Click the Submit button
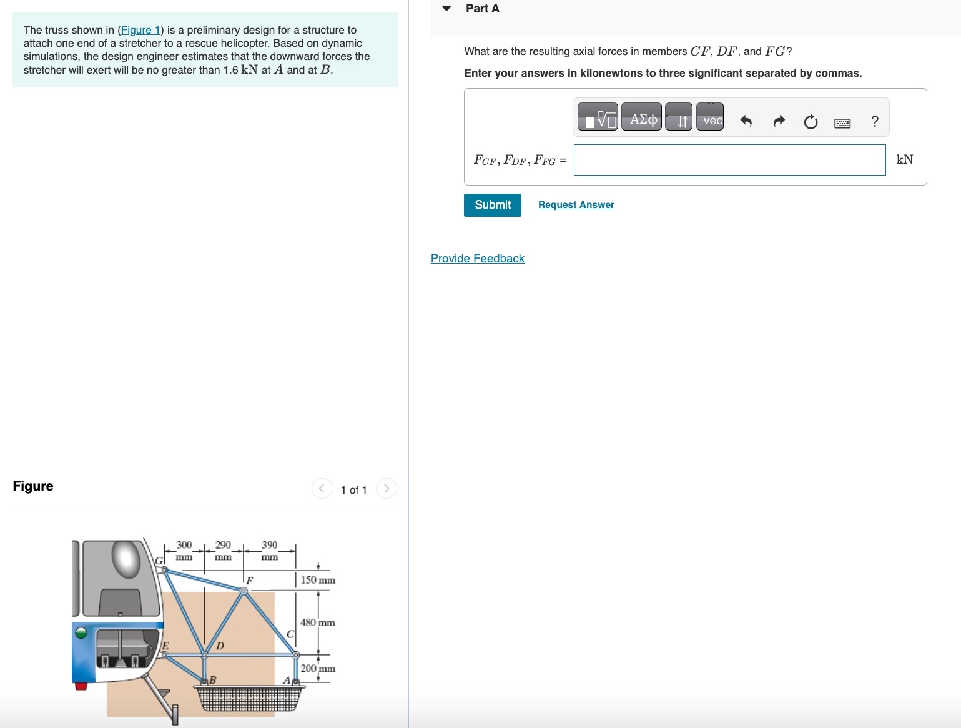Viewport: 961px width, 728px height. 492,205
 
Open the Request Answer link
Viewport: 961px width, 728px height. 576,205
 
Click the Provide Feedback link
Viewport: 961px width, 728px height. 477,259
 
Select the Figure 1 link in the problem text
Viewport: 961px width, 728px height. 140,30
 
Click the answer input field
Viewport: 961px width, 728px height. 729,160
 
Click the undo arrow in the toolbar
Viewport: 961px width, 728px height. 746,121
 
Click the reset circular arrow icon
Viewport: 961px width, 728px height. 811,121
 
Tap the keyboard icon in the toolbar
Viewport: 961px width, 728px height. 842,122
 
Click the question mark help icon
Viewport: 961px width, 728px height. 875,121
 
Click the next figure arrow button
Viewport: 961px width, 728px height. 387,489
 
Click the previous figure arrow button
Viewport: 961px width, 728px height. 322,489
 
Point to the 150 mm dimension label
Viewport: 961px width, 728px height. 318,580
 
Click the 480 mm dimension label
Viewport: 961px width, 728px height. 317,622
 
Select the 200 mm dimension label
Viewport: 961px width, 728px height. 318,668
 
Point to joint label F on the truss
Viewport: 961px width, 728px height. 249,581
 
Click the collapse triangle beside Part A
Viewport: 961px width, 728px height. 446,9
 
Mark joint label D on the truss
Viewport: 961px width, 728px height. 220,645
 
